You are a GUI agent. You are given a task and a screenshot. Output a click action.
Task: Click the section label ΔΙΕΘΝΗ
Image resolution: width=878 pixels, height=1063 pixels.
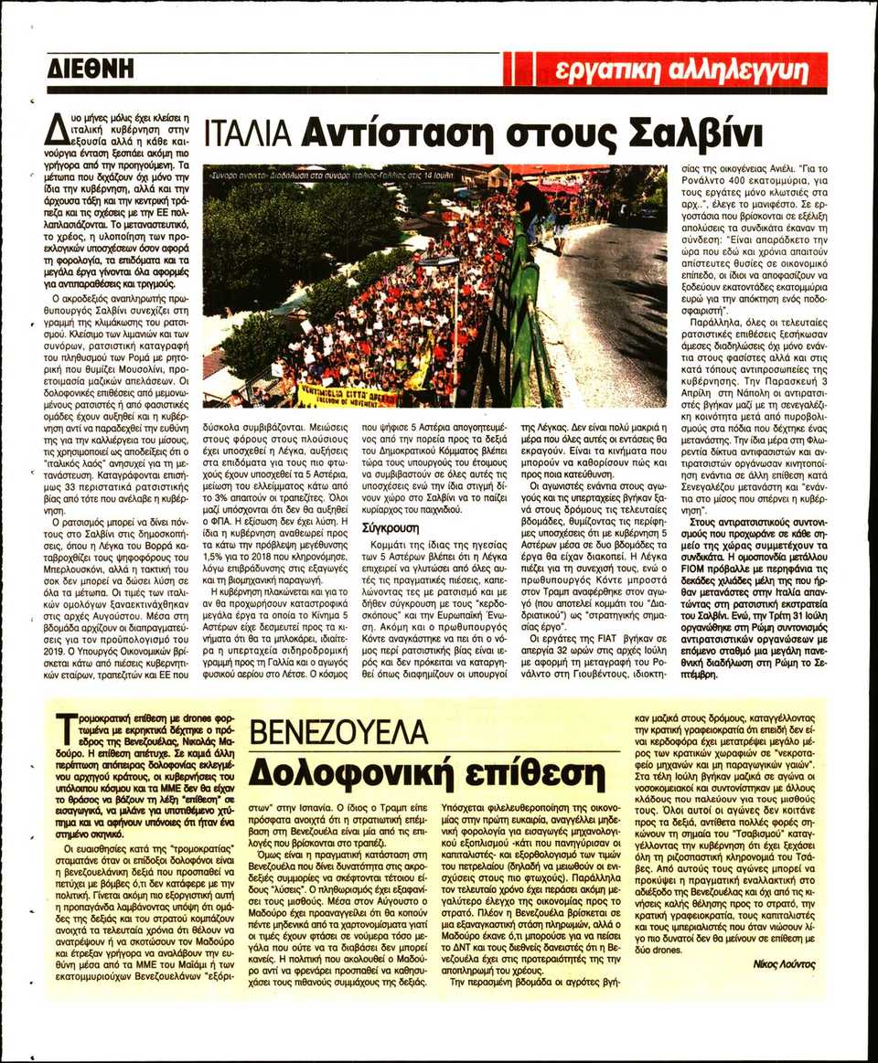[x=91, y=69]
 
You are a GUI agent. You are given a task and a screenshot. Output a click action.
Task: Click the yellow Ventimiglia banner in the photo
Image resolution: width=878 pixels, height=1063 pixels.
[x=348, y=395]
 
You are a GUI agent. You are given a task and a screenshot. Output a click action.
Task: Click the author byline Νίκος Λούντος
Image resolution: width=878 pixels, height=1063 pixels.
[x=785, y=964]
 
